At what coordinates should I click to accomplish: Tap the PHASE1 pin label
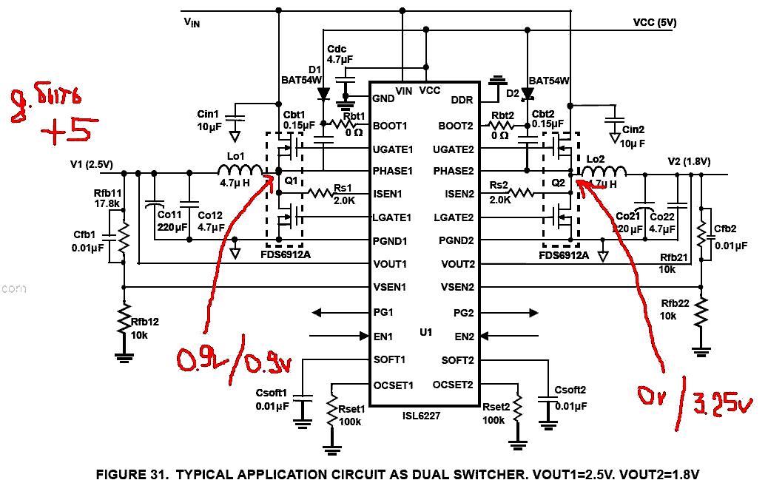tap(393, 171)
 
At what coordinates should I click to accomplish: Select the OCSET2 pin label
tap(453, 385)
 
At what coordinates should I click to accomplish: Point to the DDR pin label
tap(462, 99)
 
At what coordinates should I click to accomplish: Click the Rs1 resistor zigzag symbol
tap(322, 193)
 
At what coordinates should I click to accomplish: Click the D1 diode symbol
tap(323, 94)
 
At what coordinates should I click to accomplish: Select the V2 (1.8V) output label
tap(689, 161)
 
